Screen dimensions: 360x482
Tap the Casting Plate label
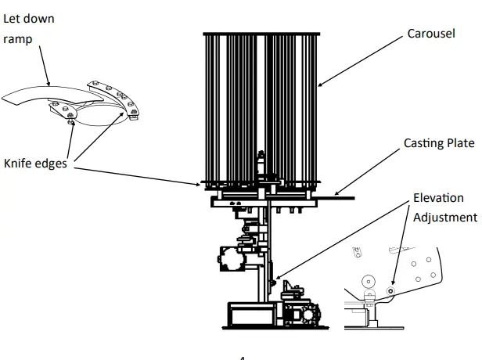(439, 143)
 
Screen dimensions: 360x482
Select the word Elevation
(438, 198)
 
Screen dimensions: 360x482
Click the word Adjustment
(445, 217)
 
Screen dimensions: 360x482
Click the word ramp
(18, 39)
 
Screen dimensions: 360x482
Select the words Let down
(29, 18)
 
